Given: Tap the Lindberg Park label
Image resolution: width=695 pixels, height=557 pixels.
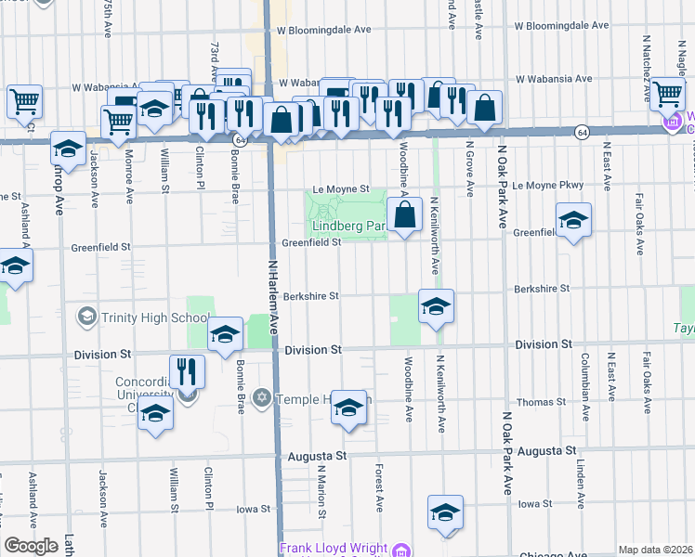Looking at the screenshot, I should pyautogui.click(x=347, y=226).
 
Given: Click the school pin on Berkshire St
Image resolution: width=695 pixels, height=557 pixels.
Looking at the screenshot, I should pyautogui.click(x=435, y=307).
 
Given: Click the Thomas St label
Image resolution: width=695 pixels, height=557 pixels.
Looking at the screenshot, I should pyautogui.click(x=542, y=402).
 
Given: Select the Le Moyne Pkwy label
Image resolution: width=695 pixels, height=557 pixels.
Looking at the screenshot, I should pyautogui.click(x=547, y=186).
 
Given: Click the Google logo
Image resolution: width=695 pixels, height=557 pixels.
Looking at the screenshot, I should pyautogui.click(x=31, y=546).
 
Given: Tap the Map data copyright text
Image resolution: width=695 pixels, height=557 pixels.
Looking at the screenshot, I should pyautogui.click(x=654, y=550).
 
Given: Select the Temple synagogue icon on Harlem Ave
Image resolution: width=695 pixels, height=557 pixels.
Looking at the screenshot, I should pyautogui.click(x=263, y=398).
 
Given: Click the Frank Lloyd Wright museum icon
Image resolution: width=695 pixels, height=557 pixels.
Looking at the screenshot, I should pyautogui.click(x=400, y=550).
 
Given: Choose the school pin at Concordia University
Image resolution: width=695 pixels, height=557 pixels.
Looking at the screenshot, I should pyautogui.click(x=155, y=413).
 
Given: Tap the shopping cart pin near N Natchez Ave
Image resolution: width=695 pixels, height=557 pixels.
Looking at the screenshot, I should pyautogui.click(x=667, y=94).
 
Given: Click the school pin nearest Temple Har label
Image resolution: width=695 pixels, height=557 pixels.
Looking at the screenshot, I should pyautogui.click(x=348, y=408).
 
